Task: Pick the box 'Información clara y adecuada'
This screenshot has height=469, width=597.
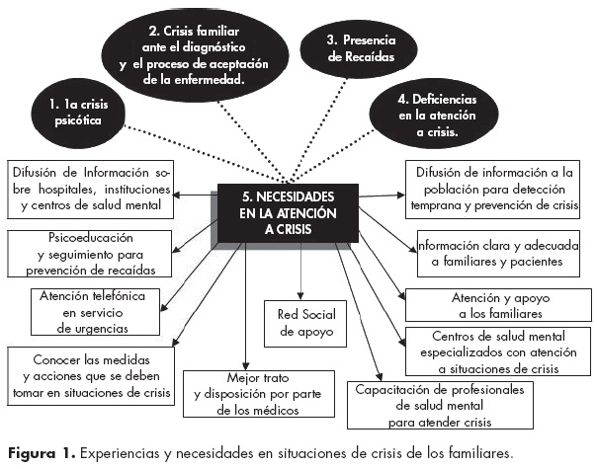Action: coord(498,253)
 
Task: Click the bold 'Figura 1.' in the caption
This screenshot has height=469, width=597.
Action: coord(39,453)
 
